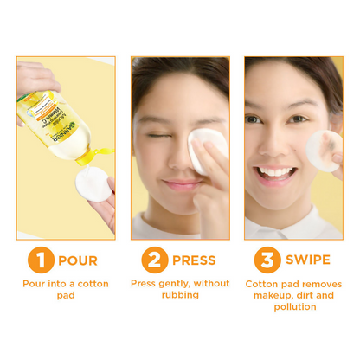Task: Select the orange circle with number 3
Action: (x=268, y=260)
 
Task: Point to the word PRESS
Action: (x=196, y=260)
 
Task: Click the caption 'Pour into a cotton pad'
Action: (x=67, y=289)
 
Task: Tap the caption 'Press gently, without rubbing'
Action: (x=180, y=289)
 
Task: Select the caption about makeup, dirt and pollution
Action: (x=293, y=295)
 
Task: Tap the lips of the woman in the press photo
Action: (x=180, y=183)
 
